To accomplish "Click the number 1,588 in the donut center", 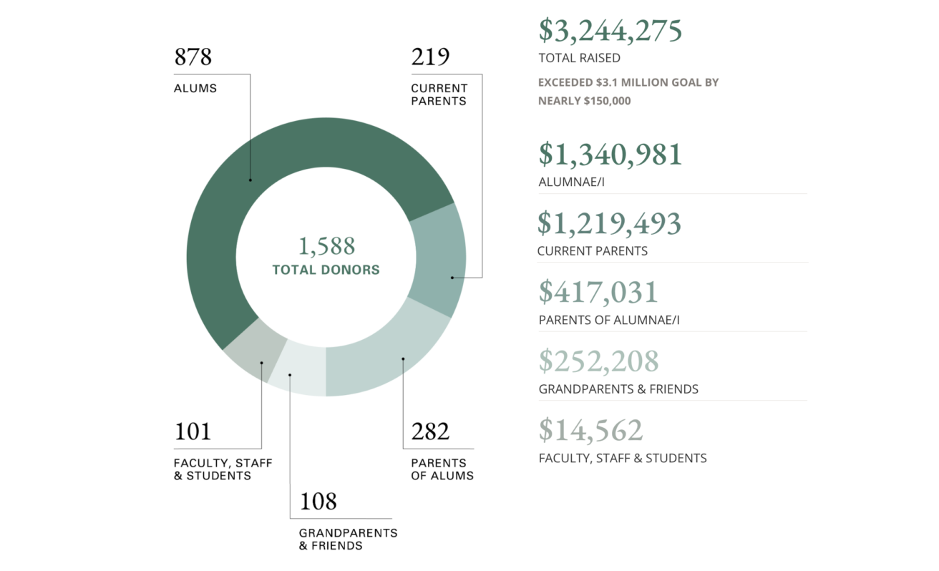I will pyautogui.click(x=326, y=246).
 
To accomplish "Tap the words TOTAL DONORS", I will pyautogui.click(x=326, y=270).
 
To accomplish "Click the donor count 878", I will pyautogui.click(x=193, y=57).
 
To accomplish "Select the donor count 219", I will pyautogui.click(x=430, y=57).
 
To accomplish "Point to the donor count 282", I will pyautogui.click(x=430, y=431).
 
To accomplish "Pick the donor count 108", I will pyautogui.click(x=318, y=502).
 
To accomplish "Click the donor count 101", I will pyautogui.click(x=193, y=432).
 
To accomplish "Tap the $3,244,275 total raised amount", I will pyautogui.click(x=610, y=30).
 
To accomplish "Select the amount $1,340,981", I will pyautogui.click(x=610, y=154).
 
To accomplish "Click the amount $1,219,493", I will pyautogui.click(x=610, y=223).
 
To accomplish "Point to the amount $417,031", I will pyautogui.click(x=598, y=292).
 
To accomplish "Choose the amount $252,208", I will pyautogui.click(x=598, y=361).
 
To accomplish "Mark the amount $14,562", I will pyautogui.click(x=591, y=430).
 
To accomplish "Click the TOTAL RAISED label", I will pyautogui.click(x=579, y=58).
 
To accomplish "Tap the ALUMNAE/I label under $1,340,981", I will pyautogui.click(x=572, y=182).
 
